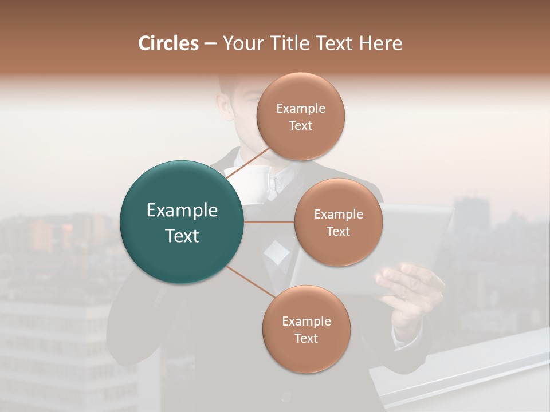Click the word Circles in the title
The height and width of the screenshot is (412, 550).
click(168, 43)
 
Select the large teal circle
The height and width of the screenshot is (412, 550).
click(182, 222)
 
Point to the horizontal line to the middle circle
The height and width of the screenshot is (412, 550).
click(269, 222)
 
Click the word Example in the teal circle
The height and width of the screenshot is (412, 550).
click(182, 211)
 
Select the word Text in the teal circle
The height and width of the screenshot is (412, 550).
click(182, 236)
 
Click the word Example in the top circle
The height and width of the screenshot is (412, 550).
click(301, 109)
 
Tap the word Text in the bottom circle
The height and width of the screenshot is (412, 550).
click(306, 339)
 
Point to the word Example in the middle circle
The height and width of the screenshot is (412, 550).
click(339, 215)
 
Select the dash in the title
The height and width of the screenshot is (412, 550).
click(210, 43)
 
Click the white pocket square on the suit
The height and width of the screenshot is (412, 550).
click(276, 252)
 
